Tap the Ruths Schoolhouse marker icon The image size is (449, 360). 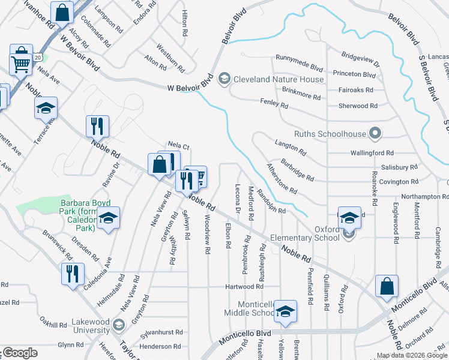tap(376, 133)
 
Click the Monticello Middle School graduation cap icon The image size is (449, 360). tap(285, 311)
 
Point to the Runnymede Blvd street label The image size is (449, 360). tap(299, 58)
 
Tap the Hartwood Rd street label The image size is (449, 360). tap(244, 287)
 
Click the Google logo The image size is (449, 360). tap(19, 353)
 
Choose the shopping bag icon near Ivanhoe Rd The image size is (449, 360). tap(62, 11)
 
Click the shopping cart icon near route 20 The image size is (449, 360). tap(21, 63)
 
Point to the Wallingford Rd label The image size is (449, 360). tap(373, 153)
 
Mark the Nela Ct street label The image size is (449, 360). tap(178, 145)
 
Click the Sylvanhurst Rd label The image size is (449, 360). tap(161, 332)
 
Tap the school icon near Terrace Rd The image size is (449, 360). tap(46, 108)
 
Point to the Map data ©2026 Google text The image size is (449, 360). tap(411, 355)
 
